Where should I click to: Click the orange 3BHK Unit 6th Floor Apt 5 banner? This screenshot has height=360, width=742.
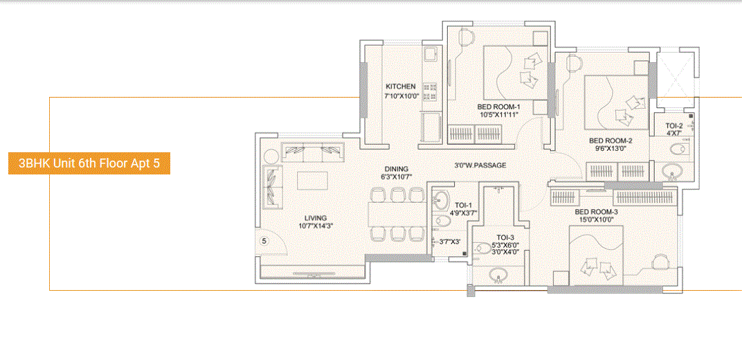pos(89,164)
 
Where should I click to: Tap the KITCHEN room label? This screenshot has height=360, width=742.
pos(401,87)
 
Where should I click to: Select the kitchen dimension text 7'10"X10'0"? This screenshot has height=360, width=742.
pos(401,96)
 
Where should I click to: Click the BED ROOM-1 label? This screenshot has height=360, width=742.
pos(498,107)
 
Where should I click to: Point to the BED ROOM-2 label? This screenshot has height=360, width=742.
pos(610,139)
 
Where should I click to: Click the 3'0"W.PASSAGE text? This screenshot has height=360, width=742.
pos(480,165)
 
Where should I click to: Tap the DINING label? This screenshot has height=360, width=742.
pos(397,168)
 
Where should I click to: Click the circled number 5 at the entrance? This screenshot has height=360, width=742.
pos(264,241)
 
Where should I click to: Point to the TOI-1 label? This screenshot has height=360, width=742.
pos(463,205)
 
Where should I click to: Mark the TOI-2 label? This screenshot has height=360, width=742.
pos(674,126)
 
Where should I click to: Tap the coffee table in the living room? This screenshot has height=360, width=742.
pos(314,180)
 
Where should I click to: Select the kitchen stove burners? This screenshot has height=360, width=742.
pos(429,88)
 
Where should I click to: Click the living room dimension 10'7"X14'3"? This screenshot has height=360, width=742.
pos(315,226)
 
